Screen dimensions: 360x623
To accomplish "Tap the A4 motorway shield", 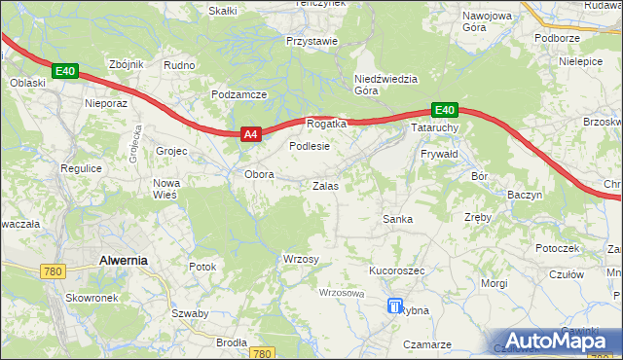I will click(250, 135).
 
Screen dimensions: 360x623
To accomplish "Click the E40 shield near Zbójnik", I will click(65, 71).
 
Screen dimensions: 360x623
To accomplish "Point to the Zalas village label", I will click(325, 185).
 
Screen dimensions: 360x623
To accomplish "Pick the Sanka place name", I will click(397, 219).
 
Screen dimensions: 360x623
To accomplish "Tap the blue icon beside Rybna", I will click(394, 306).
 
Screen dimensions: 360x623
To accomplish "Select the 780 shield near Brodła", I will click(261, 354).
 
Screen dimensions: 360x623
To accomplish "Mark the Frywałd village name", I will click(438, 155).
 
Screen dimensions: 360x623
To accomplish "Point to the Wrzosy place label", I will click(301, 258).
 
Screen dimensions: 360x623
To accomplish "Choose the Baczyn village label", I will click(525, 195).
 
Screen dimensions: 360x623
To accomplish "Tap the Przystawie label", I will click(311, 41).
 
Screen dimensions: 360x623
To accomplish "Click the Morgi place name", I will click(495, 283).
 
